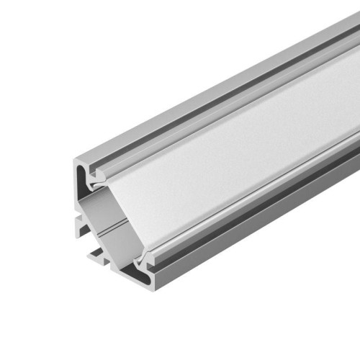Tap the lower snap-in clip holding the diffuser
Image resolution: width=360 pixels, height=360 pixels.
coord(148,255)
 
